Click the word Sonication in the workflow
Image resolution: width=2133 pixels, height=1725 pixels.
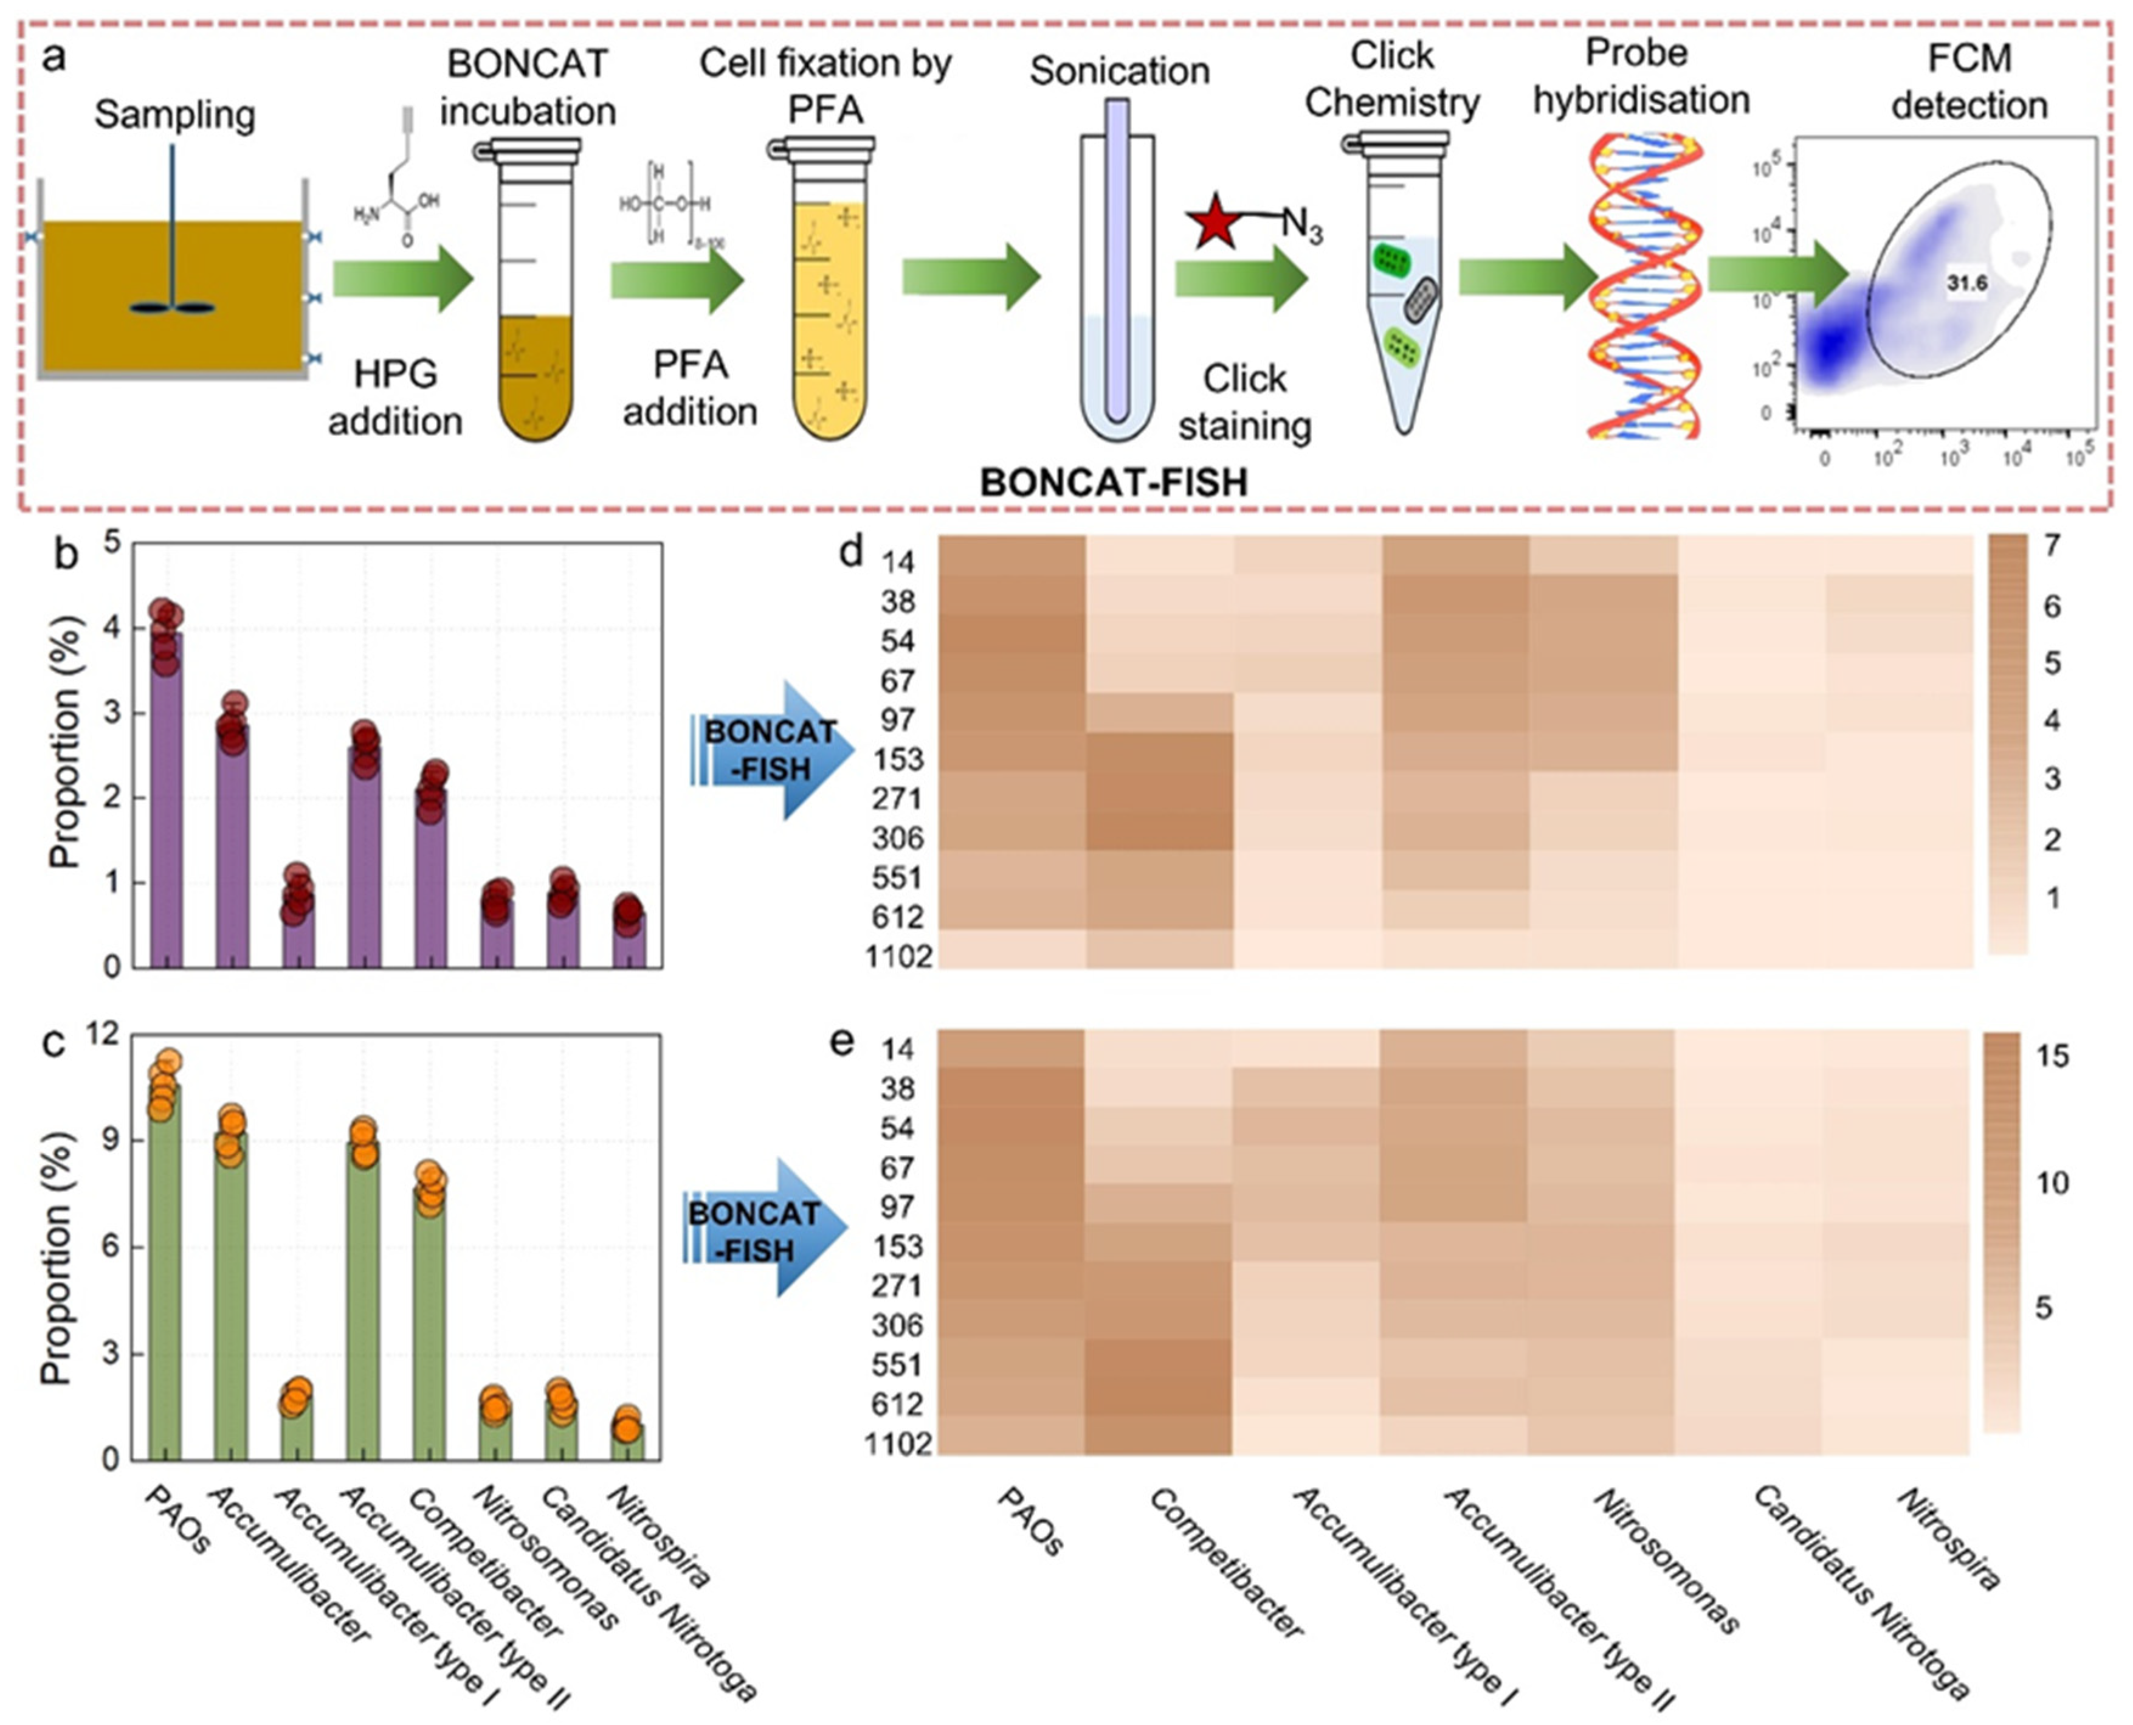[x=1120, y=72]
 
